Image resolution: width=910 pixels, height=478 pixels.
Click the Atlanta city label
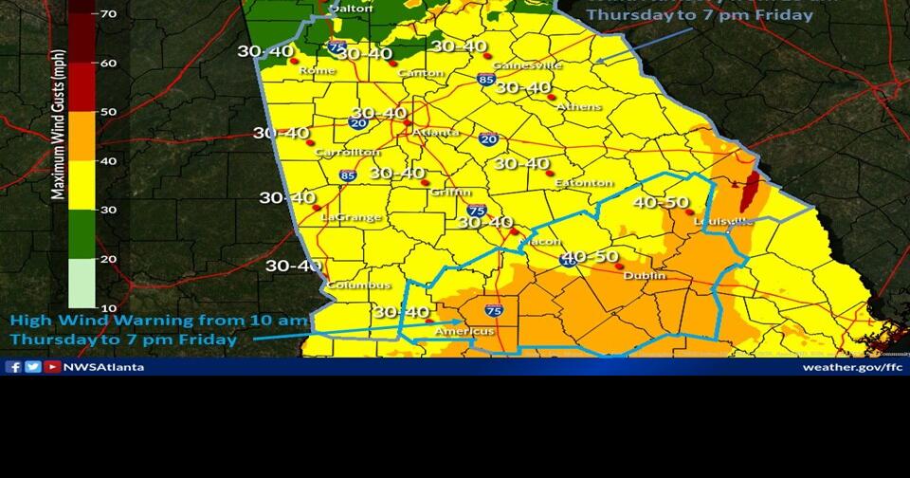[435, 132]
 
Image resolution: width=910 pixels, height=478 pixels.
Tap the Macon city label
[545, 242]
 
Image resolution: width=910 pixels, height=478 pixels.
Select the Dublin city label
[645, 276]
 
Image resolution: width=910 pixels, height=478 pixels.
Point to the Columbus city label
[358, 285]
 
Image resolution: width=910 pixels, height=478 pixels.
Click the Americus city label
[464, 331]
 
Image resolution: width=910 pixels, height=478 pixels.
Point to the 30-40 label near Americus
[400, 311]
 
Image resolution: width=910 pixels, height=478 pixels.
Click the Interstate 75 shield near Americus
[494, 310]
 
